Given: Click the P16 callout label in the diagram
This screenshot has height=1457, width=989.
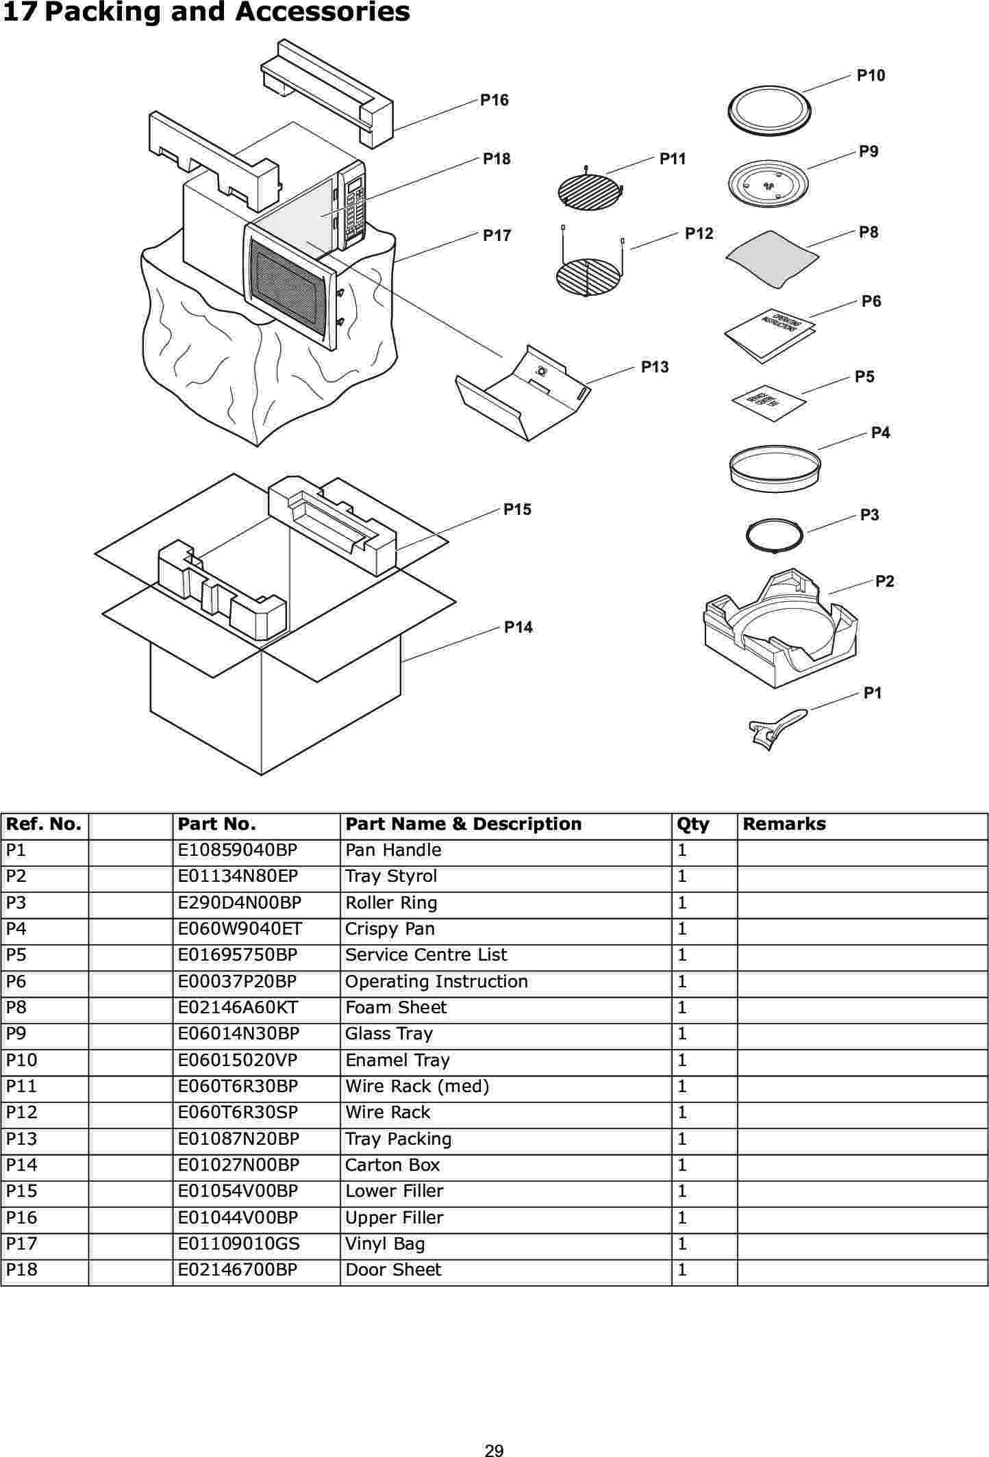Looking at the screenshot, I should [494, 101].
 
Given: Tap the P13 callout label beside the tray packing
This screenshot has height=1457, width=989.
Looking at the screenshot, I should [654, 367].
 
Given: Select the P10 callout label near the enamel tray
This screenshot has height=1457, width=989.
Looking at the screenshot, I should [871, 76].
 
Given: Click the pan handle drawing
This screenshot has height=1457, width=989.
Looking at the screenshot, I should [779, 728].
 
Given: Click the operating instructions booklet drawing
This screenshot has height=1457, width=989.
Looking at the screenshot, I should [770, 334].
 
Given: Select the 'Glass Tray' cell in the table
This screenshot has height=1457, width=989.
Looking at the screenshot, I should [389, 1034].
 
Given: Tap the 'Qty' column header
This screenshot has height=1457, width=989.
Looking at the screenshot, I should [692, 824].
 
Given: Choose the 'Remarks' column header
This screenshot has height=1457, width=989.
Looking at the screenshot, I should [784, 824].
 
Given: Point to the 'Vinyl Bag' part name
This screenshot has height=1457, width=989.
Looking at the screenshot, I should [385, 1244].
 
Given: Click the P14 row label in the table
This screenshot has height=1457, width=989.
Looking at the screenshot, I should [22, 1165].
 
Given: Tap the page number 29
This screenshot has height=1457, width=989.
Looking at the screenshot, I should [494, 1449].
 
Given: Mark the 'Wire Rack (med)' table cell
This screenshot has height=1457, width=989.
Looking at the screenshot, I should [417, 1087].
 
